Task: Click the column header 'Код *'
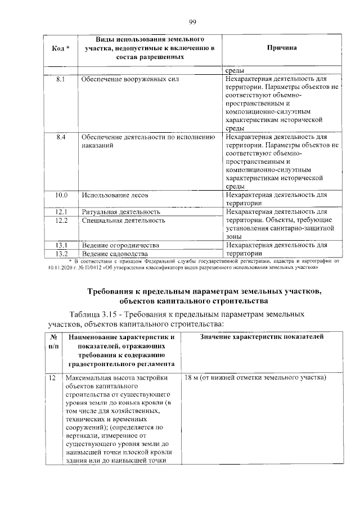coord(61,48)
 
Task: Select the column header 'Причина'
coord(282,48)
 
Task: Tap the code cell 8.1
coord(61,80)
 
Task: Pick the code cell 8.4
coord(61,137)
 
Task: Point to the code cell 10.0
coord(61,195)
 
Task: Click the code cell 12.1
coord(61,212)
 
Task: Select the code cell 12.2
coord(61,220)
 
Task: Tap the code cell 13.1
coord(61,246)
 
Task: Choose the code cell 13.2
coord(61,254)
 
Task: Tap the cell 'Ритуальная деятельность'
coord(121,212)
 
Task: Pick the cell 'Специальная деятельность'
coord(123,220)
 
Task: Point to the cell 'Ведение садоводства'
coord(115,254)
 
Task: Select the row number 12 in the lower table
coord(52,378)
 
